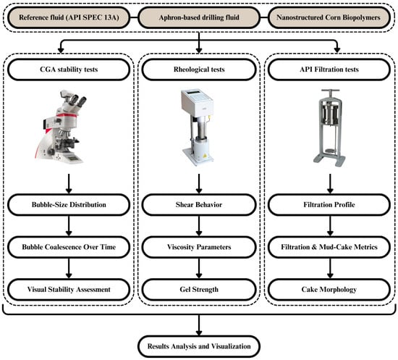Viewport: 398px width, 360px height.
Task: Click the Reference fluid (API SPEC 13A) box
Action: pos(69,17)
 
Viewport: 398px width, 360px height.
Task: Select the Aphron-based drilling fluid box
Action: pos(199,17)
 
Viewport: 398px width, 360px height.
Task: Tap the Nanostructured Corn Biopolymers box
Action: pos(329,17)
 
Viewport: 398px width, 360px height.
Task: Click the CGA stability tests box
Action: pos(69,70)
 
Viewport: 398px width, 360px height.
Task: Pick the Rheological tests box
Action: pos(199,70)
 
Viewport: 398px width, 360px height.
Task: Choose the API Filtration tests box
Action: pos(329,70)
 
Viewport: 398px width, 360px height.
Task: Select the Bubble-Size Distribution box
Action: pos(69,205)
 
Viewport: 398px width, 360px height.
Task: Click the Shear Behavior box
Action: pos(199,205)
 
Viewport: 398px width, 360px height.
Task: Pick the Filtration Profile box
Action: pos(329,205)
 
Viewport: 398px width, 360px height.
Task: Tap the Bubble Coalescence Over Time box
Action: pos(69,247)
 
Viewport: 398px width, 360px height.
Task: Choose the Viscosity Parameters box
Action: pos(199,247)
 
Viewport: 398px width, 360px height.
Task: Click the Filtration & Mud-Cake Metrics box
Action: pos(329,247)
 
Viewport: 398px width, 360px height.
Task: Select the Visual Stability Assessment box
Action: pos(69,289)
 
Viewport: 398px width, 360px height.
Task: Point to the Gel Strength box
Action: pos(199,289)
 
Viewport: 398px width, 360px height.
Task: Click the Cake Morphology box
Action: pos(329,289)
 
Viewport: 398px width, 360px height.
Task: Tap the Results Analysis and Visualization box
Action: pos(199,346)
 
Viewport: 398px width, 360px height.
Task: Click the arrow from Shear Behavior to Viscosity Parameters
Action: pos(199,226)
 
